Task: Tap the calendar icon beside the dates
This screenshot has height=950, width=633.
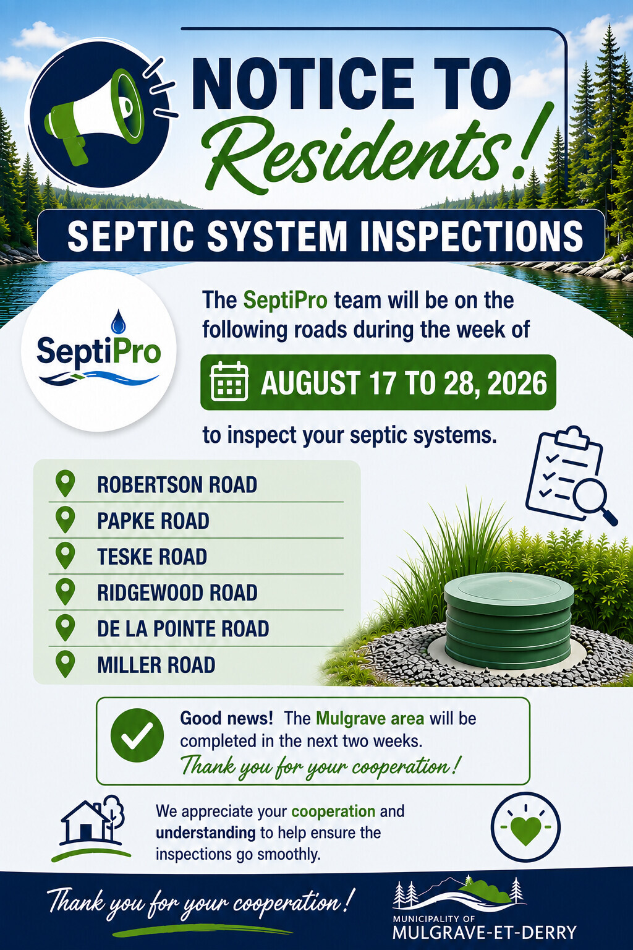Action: pyautogui.click(x=229, y=381)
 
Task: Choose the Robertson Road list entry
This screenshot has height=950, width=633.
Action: pyautogui.click(x=177, y=485)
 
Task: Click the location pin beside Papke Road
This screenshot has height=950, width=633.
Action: pyautogui.click(x=66, y=520)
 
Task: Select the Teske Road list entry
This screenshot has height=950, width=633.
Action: pyautogui.click(x=152, y=557)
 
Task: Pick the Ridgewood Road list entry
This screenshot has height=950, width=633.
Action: pyautogui.click(x=177, y=593)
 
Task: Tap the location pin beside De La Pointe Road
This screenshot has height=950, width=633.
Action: pyautogui.click(x=66, y=628)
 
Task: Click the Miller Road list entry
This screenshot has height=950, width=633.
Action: pyautogui.click(x=156, y=665)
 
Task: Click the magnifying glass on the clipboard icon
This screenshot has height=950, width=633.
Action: pyautogui.click(x=592, y=500)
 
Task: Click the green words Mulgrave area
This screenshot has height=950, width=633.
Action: pyautogui.click(x=370, y=719)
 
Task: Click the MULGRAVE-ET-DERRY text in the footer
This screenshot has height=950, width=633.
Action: pyautogui.click(x=485, y=932)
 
